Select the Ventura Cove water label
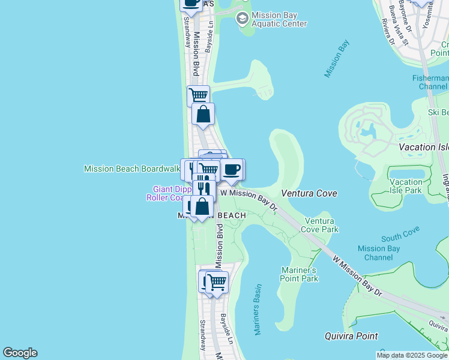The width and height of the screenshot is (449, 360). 309,193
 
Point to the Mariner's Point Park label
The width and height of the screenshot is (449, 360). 299,274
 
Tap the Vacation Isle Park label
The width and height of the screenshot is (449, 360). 406,186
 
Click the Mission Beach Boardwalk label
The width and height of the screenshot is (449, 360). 131,169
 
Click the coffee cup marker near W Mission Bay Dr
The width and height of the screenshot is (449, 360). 232,169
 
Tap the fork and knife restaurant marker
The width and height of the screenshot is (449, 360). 203,187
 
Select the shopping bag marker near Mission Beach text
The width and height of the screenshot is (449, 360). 202,206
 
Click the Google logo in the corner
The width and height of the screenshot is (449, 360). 20,353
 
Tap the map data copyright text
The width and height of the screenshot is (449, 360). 412,355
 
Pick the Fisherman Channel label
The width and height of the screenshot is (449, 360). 430,83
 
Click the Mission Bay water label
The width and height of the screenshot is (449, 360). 337,59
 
